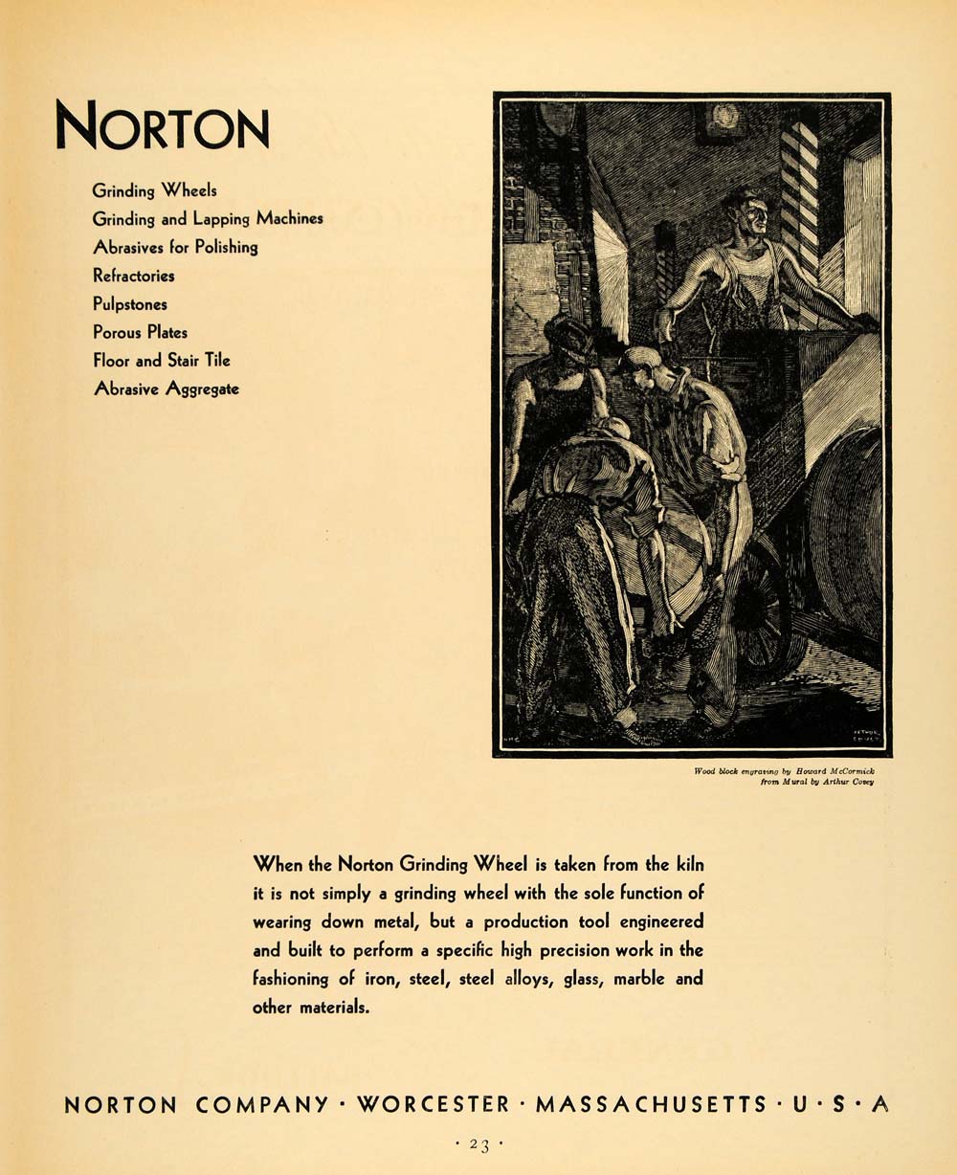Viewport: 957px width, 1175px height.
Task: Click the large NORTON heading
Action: [x=162, y=126]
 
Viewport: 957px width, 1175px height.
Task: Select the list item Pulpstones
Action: [x=130, y=304]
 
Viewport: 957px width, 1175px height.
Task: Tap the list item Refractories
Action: [x=134, y=276]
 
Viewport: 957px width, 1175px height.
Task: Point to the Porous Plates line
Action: [x=140, y=332]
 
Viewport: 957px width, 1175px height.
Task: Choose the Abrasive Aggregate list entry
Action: [x=166, y=388]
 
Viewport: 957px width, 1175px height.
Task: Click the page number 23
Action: [x=479, y=1143]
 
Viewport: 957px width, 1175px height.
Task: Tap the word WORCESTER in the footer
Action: [x=434, y=1104]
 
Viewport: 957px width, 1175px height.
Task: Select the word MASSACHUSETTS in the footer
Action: [x=651, y=1104]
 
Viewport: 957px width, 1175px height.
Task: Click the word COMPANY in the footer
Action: [x=262, y=1104]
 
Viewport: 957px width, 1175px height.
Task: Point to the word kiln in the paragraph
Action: [x=687, y=864]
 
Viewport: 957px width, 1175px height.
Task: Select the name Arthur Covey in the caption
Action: [x=849, y=782]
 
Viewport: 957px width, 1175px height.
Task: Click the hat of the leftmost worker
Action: [x=568, y=335]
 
